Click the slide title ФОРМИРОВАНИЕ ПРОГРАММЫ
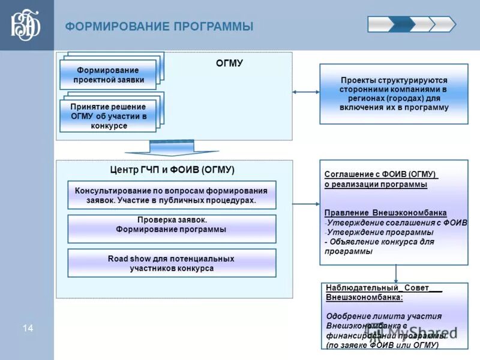[159, 26]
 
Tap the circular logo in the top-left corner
[26, 25]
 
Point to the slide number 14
[28, 328]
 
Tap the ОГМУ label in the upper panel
[229, 63]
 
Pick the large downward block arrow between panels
[172, 148]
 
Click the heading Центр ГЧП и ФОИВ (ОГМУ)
[172, 170]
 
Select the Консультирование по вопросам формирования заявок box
[172, 195]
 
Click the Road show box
[172, 263]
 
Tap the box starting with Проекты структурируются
[394, 94]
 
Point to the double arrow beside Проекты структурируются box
[306, 92]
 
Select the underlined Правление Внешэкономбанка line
[385, 212]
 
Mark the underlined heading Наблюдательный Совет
[382, 288]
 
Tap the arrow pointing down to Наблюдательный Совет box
[395, 274]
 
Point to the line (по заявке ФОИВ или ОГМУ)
[382, 346]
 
